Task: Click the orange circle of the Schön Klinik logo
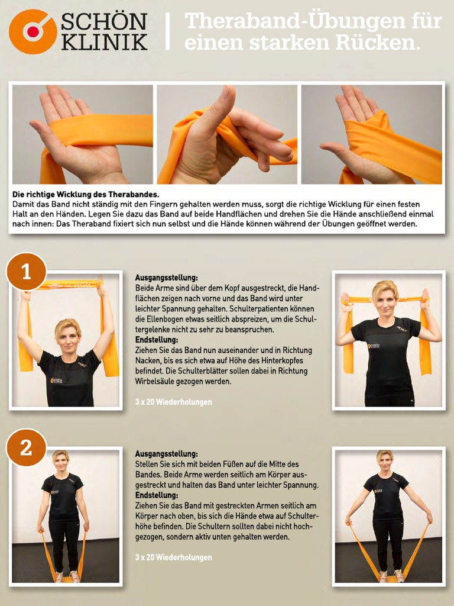click(x=33, y=32)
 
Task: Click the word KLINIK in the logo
click(x=104, y=42)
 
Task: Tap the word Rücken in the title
click(x=378, y=42)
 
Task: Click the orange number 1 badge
click(x=26, y=272)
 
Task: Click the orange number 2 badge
click(x=26, y=447)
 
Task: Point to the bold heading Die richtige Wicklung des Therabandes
click(x=86, y=194)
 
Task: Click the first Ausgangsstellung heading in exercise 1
click(x=166, y=278)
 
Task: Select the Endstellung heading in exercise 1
click(x=157, y=340)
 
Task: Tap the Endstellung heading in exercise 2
click(x=157, y=495)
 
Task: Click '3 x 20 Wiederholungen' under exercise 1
click(x=173, y=402)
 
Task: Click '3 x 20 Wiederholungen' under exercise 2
click(x=173, y=557)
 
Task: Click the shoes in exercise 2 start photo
click(x=66, y=577)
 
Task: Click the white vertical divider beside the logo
click(x=167, y=31)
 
